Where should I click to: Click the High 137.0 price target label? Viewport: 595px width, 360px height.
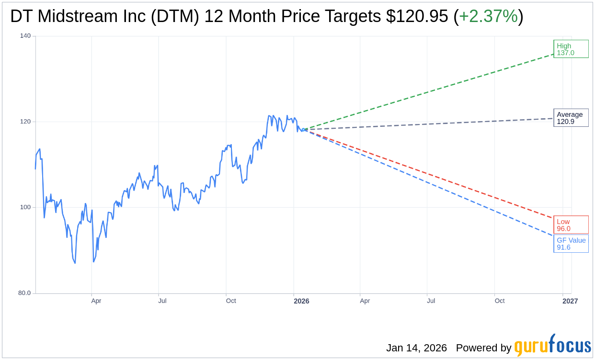point(571,49)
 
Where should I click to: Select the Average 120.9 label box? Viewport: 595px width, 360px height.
point(571,118)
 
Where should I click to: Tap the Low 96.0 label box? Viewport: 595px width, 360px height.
point(571,225)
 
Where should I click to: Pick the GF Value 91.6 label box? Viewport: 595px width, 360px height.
point(571,244)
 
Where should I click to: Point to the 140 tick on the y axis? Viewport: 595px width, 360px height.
point(25,36)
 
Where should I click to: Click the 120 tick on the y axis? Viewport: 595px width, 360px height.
point(25,122)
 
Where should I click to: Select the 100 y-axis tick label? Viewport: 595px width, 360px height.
point(25,207)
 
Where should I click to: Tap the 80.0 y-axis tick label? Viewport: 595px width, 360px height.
point(24,293)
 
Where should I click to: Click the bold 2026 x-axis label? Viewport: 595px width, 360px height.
point(301,301)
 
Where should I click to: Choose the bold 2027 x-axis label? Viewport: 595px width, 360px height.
point(570,301)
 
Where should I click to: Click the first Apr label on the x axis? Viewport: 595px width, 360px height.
point(96,301)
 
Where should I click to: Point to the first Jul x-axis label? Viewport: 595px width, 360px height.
point(162,301)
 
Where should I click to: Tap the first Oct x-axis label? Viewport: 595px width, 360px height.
point(231,301)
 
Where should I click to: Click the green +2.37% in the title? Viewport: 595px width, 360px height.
point(488,16)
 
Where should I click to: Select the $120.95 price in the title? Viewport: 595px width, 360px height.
point(417,16)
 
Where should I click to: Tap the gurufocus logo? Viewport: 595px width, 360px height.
point(552,346)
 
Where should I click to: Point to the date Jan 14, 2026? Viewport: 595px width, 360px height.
point(416,348)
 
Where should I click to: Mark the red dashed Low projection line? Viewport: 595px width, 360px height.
point(431,174)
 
